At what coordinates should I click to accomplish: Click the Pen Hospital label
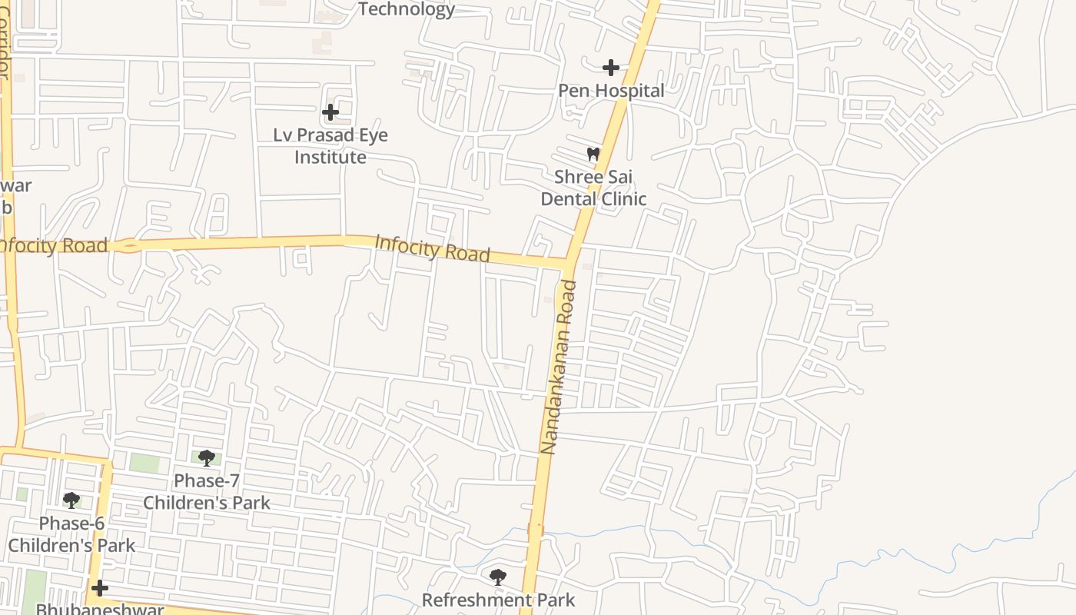click(611, 91)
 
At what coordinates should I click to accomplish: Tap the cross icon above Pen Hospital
click(611, 68)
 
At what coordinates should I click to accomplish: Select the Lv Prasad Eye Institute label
click(330, 146)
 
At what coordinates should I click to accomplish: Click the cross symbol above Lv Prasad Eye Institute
click(330, 112)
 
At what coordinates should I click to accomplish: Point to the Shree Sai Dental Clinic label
click(593, 188)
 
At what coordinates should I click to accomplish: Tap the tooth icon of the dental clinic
click(593, 154)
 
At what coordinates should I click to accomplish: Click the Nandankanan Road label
click(559, 367)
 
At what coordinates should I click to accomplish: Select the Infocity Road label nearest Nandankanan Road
click(432, 249)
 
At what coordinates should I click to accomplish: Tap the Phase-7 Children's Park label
click(207, 492)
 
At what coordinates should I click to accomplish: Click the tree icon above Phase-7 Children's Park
click(206, 458)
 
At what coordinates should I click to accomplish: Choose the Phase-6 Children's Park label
click(71, 534)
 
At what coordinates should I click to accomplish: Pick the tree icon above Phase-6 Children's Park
click(71, 500)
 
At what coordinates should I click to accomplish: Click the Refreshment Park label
click(498, 600)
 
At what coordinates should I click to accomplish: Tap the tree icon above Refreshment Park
click(498, 576)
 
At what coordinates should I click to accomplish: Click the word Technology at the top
click(407, 9)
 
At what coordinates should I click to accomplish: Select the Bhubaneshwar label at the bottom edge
click(100, 609)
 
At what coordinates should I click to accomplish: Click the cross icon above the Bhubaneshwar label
click(100, 588)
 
